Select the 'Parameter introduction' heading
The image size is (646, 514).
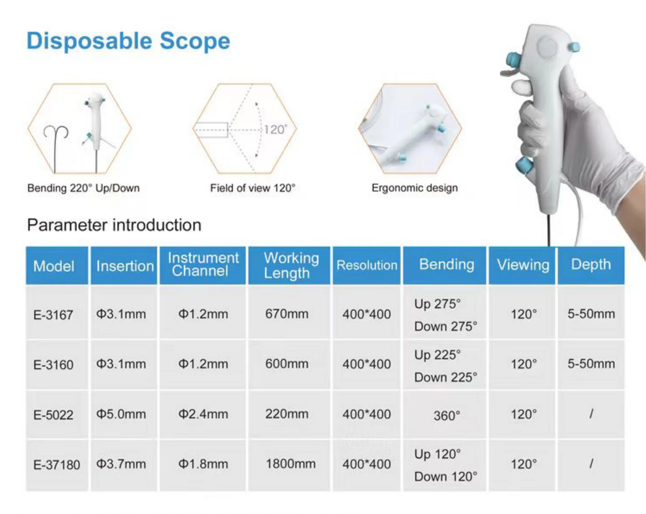[x=114, y=225]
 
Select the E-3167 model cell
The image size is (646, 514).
[x=53, y=315]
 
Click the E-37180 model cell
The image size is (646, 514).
[x=57, y=465]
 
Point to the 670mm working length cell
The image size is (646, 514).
[x=287, y=314]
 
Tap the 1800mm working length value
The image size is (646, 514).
[x=290, y=464]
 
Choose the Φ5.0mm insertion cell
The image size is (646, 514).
[x=121, y=414]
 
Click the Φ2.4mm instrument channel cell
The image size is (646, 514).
[x=203, y=414]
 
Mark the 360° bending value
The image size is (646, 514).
[x=447, y=416]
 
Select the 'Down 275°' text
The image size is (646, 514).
[x=446, y=326]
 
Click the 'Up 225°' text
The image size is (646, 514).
[x=437, y=355]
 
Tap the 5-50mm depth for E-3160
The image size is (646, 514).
[x=591, y=364]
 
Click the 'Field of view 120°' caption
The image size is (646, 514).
[x=253, y=188]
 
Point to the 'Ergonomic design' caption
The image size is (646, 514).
[x=415, y=188]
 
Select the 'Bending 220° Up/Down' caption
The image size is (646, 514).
[x=83, y=188]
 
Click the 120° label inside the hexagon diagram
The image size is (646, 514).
[x=276, y=130]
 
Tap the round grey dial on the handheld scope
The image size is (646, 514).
[x=546, y=47]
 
